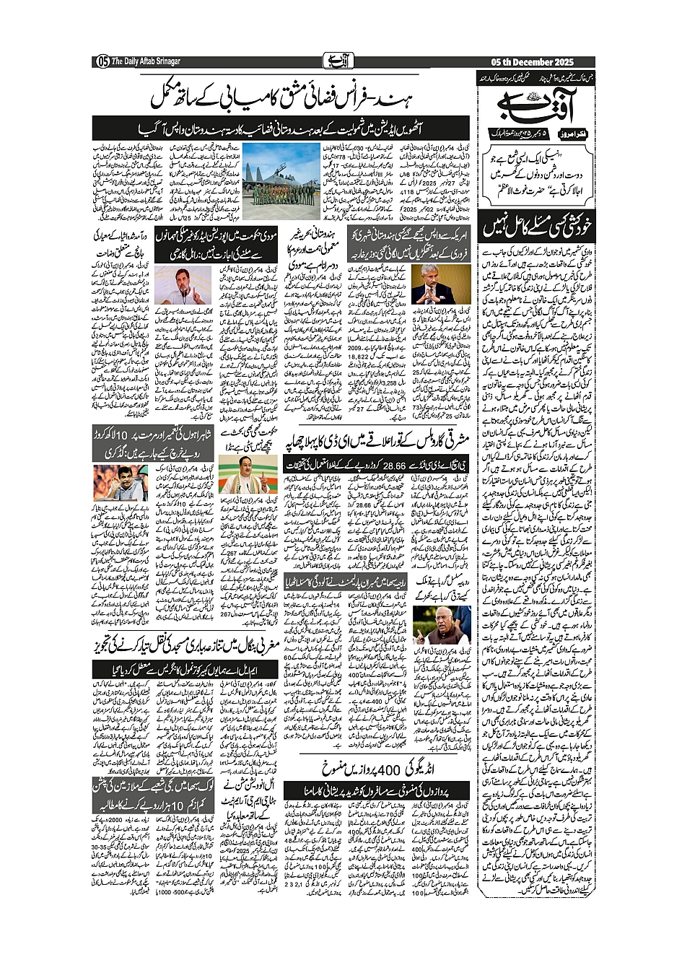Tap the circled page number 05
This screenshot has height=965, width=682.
tap(102, 61)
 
